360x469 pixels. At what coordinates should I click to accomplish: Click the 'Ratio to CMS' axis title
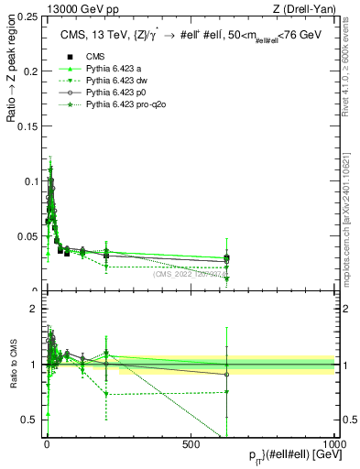[14, 365]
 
